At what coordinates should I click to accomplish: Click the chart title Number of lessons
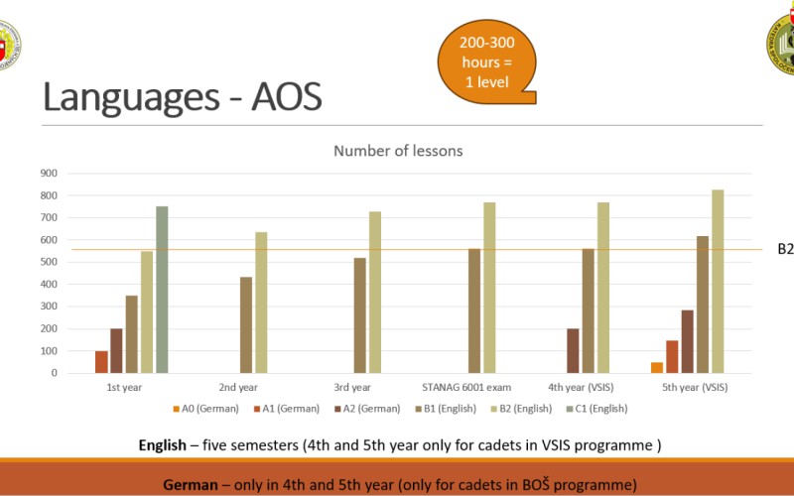[x=397, y=151]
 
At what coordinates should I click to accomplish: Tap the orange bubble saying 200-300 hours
[x=486, y=62]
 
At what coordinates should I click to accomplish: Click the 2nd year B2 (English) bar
[x=261, y=303]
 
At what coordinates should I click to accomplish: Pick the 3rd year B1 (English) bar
[x=359, y=315]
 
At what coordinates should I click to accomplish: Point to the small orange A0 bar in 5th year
[x=657, y=367]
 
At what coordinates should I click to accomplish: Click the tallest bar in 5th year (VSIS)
[x=717, y=282]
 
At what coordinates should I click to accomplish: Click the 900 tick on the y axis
[x=49, y=173]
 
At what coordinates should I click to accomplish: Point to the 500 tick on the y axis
[x=49, y=262]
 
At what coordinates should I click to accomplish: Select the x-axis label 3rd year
[x=352, y=388]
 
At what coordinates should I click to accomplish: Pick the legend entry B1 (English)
[x=445, y=409]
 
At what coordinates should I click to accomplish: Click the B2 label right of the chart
[x=785, y=249]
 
